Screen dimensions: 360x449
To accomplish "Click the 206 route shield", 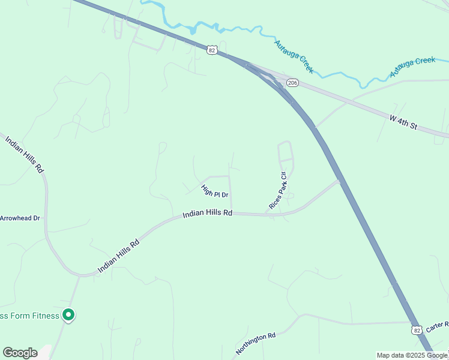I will click(x=292, y=83).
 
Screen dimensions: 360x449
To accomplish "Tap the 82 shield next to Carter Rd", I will click(x=417, y=331).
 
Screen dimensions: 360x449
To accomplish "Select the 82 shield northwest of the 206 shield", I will click(x=212, y=50).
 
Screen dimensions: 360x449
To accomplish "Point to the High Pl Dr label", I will click(x=214, y=191).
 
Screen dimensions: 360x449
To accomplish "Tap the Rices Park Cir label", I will click(x=279, y=190).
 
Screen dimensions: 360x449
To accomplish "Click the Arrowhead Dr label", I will click(x=19, y=218).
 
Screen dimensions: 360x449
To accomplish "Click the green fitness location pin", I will click(x=68, y=314).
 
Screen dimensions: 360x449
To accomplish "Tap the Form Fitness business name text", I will click(x=29, y=316).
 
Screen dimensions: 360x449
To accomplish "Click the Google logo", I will click(x=20, y=353).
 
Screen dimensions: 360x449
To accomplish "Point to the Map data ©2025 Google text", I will click(x=412, y=355).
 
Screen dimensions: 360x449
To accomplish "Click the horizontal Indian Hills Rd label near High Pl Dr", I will click(x=207, y=213).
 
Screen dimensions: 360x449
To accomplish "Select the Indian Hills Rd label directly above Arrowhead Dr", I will click(x=25, y=155).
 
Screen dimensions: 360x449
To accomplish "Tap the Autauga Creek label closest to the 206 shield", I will click(x=294, y=56).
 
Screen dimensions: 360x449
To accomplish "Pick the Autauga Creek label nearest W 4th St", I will click(x=412, y=67).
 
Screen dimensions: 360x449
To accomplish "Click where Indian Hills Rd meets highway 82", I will click(x=340, y=180).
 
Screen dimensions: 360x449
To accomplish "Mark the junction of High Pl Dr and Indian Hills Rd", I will click(x=232, y=212).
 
